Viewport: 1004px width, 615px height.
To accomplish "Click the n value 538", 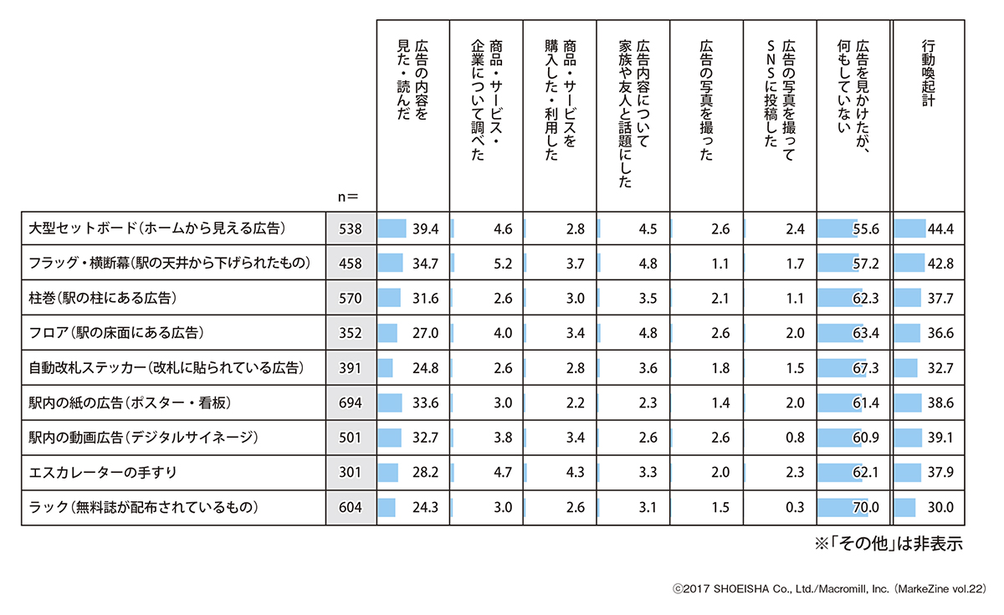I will tap(351, 228).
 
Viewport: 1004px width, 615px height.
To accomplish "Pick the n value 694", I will tap(351, 403).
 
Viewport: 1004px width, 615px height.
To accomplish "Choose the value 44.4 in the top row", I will tap(947, 228).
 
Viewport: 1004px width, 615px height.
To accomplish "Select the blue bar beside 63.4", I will tap(837, 333).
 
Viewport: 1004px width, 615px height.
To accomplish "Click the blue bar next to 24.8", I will tap(386, 368).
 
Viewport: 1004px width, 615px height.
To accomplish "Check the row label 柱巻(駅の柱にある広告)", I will tap(105, 299).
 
